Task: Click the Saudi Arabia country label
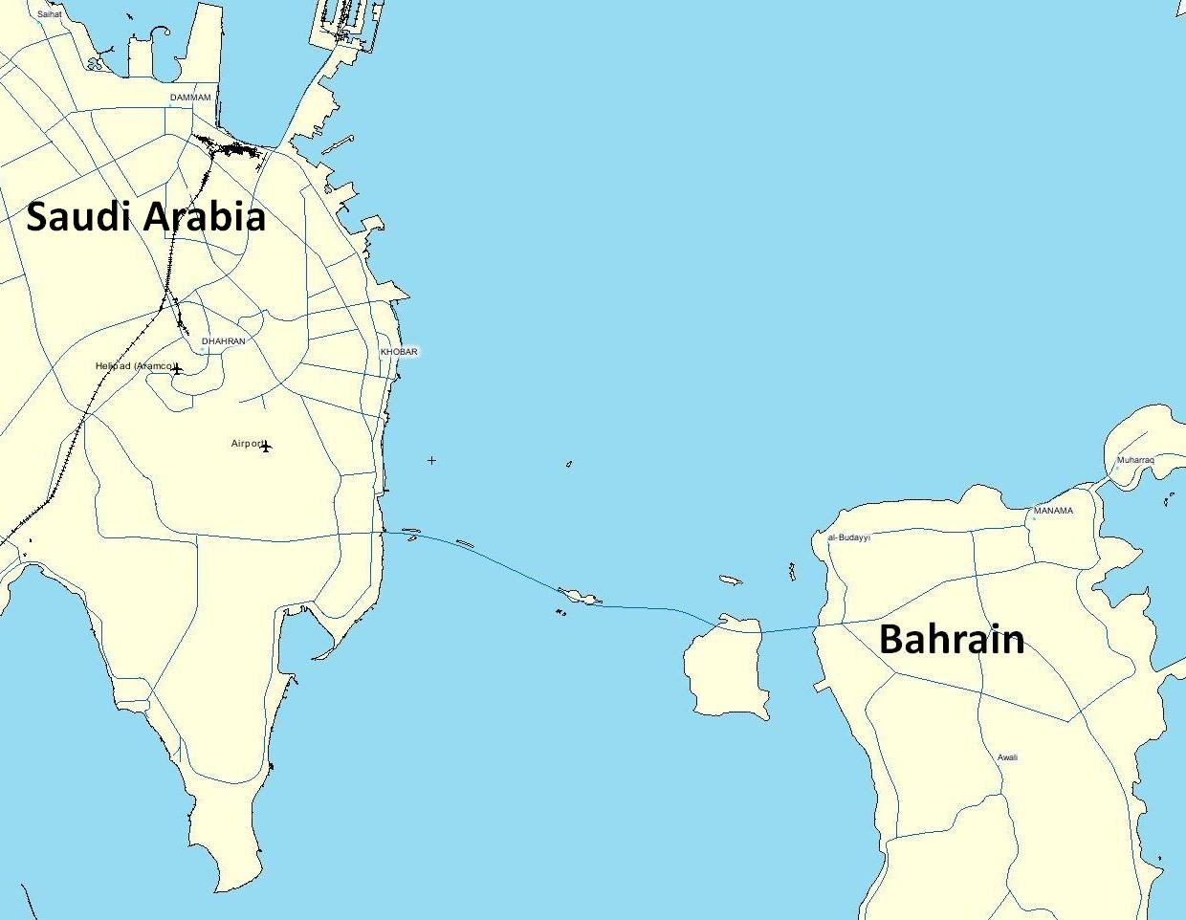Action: [x=145, y=217]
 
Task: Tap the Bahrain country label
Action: [x=952, y=639]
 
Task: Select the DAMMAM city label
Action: [x=189, y=98]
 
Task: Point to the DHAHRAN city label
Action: [x=224, y=341]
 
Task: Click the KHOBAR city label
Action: [x=399, y=352]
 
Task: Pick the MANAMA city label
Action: [x=1053, y=511]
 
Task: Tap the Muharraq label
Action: [x=1135, y=460]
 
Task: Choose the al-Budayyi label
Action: [x=849, y=537]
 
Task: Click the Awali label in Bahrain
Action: [x=1007, y=757]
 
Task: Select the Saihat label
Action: [x=49, y=14]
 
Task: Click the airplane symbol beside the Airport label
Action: [x=266, y=446]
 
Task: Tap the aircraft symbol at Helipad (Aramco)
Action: [x=177, y=368]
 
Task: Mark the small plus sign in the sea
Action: [x=431, y=460]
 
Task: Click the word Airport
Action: [x=246, y=444]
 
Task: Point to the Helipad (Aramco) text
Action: [x=133, y=366]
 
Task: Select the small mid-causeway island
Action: [x=579, y=598]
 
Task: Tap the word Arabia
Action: [x=204, y=217]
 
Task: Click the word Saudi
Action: [x=77, y=217]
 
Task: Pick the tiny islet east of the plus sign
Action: [x=569, y=465]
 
